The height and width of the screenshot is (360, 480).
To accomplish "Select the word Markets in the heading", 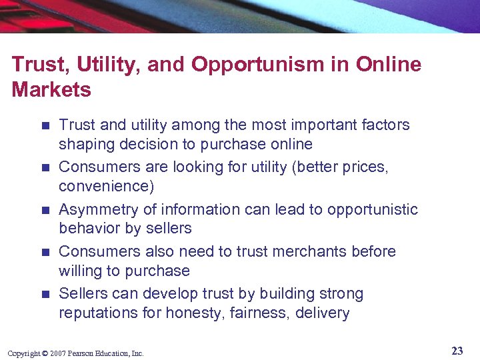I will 51,90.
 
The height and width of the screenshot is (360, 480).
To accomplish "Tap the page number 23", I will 457,351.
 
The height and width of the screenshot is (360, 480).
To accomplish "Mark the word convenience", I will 102,186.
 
